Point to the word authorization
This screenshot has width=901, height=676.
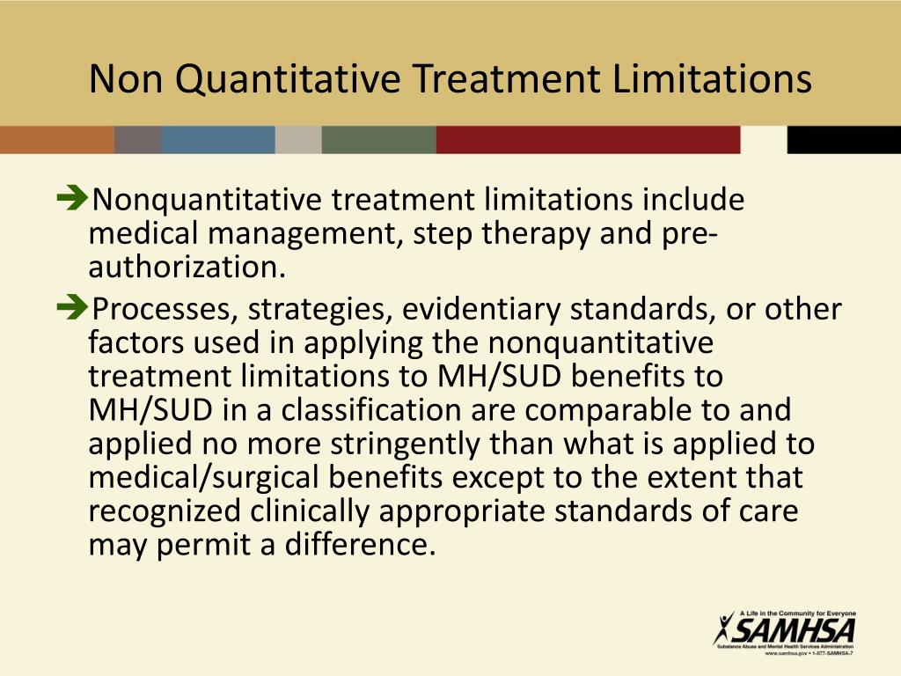pyautogui.click(x=186, y=267)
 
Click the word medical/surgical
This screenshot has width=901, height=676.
pyautogui.click(x=209, y=477)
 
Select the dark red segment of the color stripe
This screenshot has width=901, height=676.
pyautogui.click(x=588, y=140)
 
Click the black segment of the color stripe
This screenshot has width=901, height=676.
pyautogui.click(x=843, y=140)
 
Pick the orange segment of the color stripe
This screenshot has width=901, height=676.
pyautogui.click(x=56, y=140)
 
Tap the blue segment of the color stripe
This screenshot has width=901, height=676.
pyautogui.click(x=217, y=140)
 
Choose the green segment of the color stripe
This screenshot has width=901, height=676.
pyautogui.click(x=378, y=140)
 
